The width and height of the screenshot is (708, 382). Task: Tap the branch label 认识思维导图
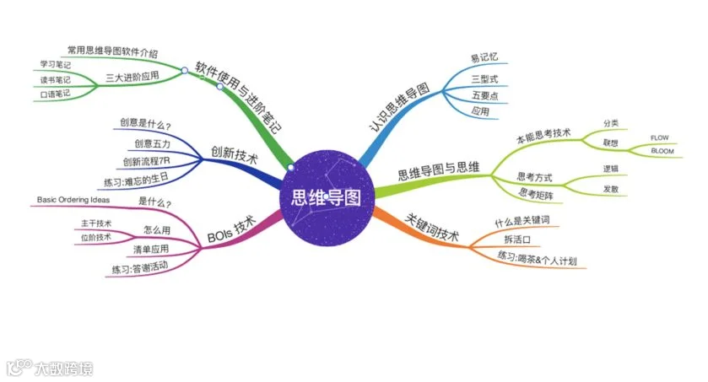click(x=399, y=107)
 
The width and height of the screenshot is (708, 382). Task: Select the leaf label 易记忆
click(x=484, y=57)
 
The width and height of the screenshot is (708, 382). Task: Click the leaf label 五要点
click(x=485, y=95)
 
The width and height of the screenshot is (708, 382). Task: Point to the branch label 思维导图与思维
click(x=439, y=170)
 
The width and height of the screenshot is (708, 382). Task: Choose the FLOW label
click(x=659, y=137)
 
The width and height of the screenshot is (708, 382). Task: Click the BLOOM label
click(x=662, y=151)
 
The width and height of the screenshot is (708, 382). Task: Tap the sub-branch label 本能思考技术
click(x=543, y=135)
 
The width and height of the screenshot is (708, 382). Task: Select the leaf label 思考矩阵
click(x=536, y=194)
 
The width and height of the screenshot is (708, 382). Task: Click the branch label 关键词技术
click(x=432, y=228)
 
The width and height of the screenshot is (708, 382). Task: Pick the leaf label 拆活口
click(x=517, y=239)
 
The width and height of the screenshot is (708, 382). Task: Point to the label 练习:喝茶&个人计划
click(x=537, y=258)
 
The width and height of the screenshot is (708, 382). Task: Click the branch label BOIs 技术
click(x=231, y=229)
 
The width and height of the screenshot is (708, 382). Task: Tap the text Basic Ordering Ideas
click(x=73, y=199)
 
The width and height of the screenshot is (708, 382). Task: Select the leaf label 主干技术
click(x=96, y=223)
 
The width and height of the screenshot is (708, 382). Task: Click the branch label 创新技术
click(x=234, y=154)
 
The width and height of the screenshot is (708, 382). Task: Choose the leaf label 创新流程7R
click(x=146, y=161)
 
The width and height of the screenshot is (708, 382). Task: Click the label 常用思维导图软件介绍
click(x=112, y=51)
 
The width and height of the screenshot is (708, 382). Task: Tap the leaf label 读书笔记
click(x=55, y=80)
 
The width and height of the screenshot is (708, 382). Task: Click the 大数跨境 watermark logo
click(x=50, y=368)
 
